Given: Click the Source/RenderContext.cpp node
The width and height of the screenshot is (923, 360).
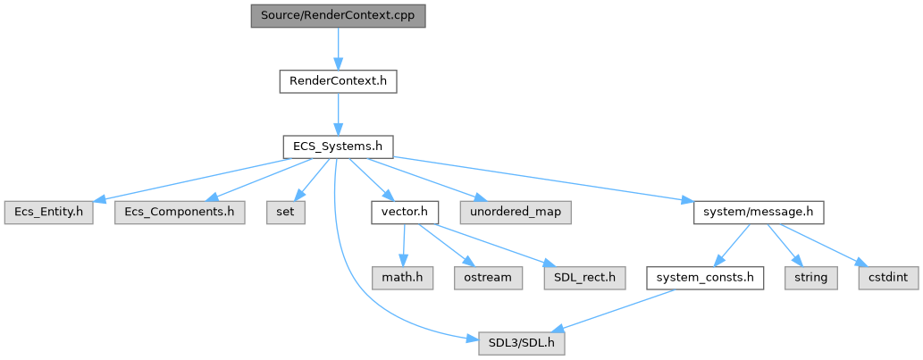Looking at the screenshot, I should coord(338,16).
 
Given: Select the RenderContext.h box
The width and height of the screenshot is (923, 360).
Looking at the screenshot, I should coord(338,81).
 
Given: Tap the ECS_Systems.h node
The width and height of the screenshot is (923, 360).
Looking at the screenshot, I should coord(338,147).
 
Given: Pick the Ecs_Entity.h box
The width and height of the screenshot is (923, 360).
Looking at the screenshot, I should coord(47,212).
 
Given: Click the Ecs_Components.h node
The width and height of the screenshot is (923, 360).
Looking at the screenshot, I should coord(179,212).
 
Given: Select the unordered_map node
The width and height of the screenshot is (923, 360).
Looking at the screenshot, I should coord(516,212).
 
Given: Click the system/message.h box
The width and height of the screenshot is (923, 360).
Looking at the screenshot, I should coord(758,212).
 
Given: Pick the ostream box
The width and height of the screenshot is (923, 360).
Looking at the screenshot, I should coord(488,277).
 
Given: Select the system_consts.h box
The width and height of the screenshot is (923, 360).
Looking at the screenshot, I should coord(706,277).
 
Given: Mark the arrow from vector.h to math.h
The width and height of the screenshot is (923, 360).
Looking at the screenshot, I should coord(405,244).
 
